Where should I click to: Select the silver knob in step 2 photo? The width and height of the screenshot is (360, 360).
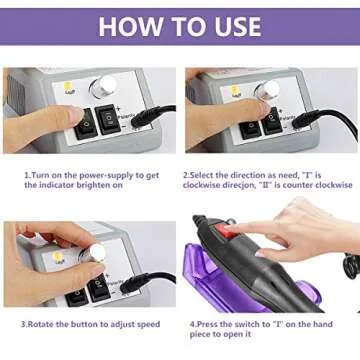[x=264, y=92]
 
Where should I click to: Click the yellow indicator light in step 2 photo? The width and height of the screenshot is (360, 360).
[x=235, y=91]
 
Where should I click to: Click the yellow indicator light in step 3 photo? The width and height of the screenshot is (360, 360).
[x=59, y=257]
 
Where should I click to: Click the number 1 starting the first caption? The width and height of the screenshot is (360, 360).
[x=26, y=174]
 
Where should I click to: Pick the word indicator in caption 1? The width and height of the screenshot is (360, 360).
[x=65, y=184]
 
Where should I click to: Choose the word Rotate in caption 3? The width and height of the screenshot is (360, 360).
[x=43, y=323]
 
